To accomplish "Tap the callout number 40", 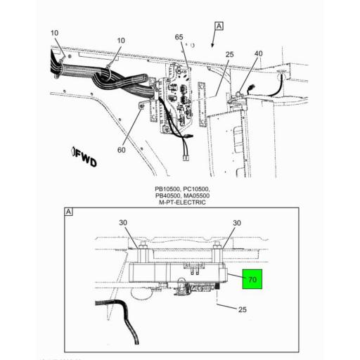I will coord(258,53).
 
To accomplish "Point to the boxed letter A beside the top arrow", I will coord(219,26).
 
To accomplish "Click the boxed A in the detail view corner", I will coord(69,211).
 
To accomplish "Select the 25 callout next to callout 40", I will coord(229,54).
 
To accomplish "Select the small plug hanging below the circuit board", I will coord(186,157).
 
